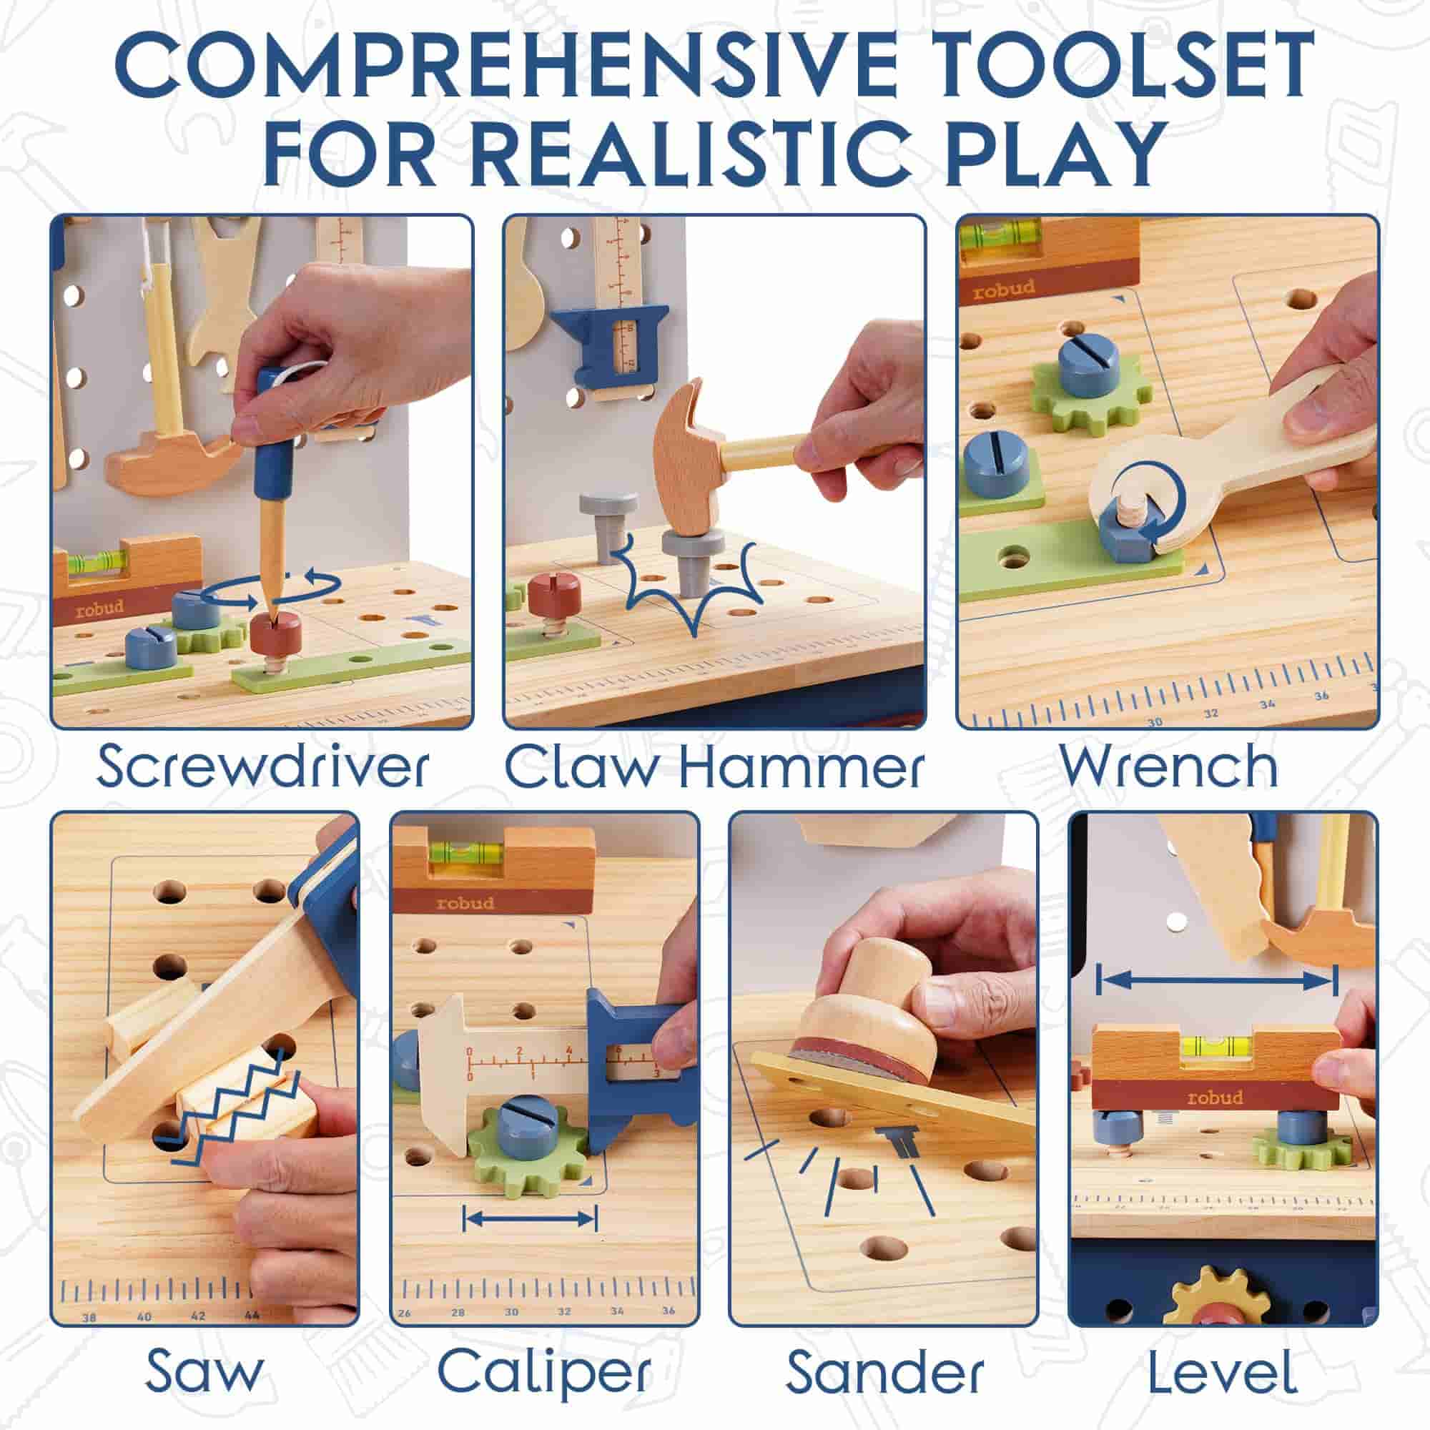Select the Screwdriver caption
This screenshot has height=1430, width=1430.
point(262,767)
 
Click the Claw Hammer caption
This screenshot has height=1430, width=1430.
point(714,767)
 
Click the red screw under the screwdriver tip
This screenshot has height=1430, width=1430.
point(275,633)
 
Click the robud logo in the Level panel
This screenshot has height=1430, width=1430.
point(1215,1097)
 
